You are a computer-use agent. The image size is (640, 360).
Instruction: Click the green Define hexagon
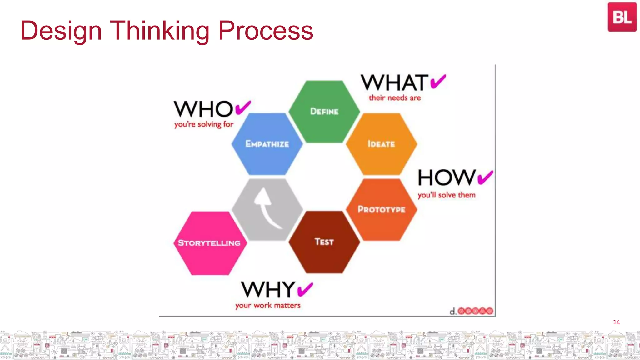[324, 112]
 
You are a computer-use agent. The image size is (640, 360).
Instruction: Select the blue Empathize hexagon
[267, 144]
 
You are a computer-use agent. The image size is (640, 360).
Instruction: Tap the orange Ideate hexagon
[381, 144]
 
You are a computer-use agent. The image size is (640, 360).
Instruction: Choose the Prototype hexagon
[381, 209]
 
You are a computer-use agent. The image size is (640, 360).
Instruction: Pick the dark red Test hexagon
[324, 242]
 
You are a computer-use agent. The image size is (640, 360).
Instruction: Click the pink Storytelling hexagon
[209, 243]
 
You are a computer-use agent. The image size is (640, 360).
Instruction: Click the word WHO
[203, 109]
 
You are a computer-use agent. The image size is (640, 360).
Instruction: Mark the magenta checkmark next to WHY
[305, 289]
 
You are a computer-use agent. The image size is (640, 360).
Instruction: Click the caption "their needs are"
[395, 98]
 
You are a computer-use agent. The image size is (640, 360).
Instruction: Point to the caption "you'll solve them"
[447, 195]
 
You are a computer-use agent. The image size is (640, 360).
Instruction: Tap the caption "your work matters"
[268, 305]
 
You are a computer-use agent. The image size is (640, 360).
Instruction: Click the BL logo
[622, 17]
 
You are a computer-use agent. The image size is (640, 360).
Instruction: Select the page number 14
[617, 322]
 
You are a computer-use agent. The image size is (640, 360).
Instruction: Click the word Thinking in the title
[160, 31]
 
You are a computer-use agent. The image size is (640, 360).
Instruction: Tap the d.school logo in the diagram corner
[472, 311]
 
